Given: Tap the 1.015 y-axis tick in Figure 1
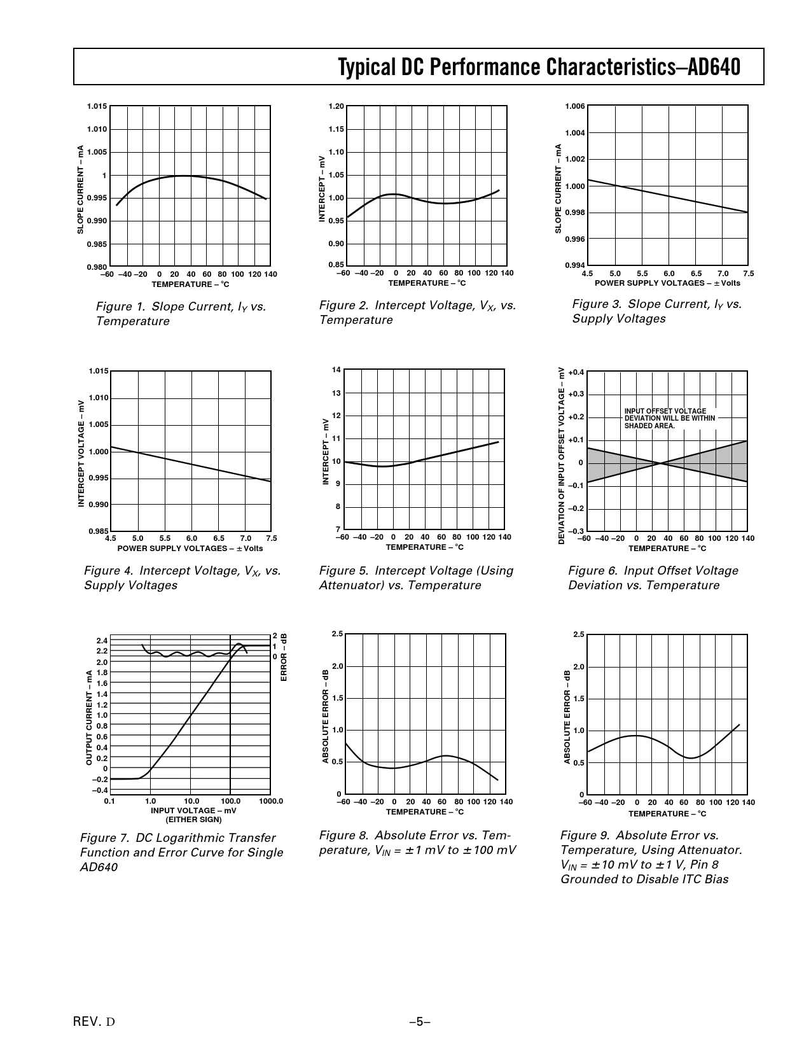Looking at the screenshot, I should point(97,106).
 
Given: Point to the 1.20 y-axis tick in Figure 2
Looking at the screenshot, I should point(336,106).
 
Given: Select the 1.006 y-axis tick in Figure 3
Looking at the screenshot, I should point(574,106).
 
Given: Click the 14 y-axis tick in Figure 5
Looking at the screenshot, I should point(337,370).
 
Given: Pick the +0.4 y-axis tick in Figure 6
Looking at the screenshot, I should point(576,372).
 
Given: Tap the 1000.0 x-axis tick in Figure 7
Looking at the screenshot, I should point(271,801).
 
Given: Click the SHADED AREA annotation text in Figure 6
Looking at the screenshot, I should point(649,426).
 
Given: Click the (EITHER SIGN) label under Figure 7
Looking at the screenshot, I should point(193,820).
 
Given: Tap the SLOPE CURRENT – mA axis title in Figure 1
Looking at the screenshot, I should point(81,189).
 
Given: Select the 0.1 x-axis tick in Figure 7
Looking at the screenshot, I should point(109,801).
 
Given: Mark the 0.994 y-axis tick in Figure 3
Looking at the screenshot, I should point(574,265).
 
